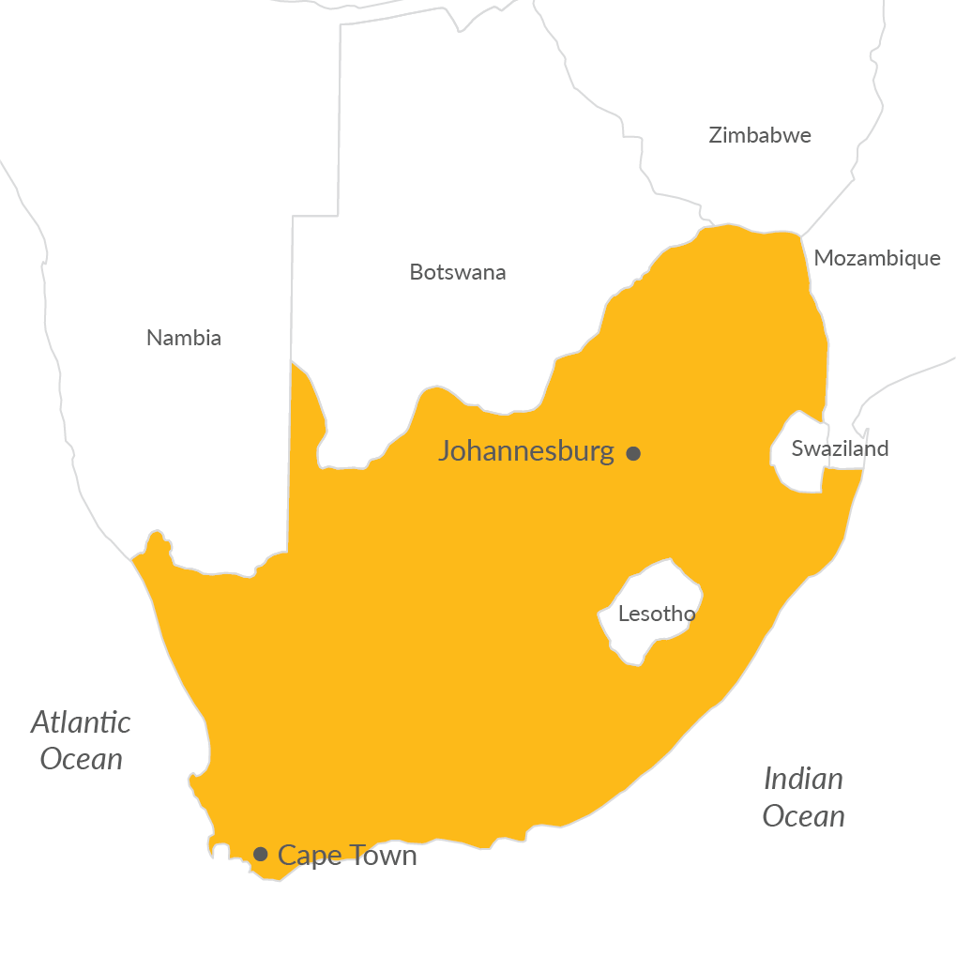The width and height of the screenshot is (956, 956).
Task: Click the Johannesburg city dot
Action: point(633,453)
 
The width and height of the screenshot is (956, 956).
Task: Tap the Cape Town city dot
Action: point(261,854)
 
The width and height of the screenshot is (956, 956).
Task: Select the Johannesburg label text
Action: point(525,451)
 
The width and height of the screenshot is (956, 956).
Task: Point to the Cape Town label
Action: point(347,855)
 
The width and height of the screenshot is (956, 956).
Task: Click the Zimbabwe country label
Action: point(760,135)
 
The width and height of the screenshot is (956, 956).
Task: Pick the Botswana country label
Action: point(458,272)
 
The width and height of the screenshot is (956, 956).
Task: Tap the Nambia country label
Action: point(184,338)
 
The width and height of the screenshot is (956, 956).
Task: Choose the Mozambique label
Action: point(877,258)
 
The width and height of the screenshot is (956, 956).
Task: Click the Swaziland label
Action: point(840,448)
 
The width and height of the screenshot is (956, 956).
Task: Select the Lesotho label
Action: point(657,615)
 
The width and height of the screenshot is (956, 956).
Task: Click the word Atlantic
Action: point(81,722)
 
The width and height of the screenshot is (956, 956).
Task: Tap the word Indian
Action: point(803,779)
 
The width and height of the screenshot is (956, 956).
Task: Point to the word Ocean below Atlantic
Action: point(82,759)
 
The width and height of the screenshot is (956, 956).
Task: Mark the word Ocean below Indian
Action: point(803,816)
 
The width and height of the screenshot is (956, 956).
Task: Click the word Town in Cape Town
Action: point(382,855)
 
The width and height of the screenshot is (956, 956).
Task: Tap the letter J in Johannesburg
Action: point(445,452)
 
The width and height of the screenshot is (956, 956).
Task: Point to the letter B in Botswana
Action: point(416,272)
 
